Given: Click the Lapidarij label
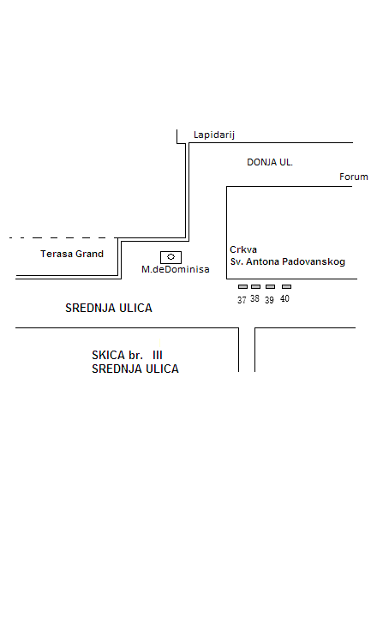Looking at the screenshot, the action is click(x=214, y=135).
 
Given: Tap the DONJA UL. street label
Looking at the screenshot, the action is click(x=270, y=162).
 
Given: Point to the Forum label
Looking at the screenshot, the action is click(x=354, y=177).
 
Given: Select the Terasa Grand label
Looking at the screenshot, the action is click(x=72, y=254).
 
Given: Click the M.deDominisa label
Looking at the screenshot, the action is click(x=176, y=269).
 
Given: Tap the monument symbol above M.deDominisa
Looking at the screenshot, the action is click(x=171, y=257).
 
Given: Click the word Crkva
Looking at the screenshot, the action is click(x=243, y=249).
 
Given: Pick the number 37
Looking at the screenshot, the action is click(x=242, y=300).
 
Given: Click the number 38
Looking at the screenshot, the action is click(x=255, y=298).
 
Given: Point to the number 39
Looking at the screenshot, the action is click(x=269, y=300).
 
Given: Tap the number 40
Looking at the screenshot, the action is click(x=284, y=298).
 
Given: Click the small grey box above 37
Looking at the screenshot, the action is click(x=242, y=287).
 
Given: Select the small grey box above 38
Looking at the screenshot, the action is click(x=255, y=287).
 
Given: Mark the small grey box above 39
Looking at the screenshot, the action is click(x=271, y=287).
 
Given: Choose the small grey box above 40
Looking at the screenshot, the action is click(x=287, y=287).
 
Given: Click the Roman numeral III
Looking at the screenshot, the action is click(x=158, y=355).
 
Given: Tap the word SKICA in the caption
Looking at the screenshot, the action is click(x=109, y=355).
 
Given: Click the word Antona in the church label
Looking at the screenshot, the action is click(x=262, y=261).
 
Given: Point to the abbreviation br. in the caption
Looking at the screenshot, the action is click(x=135, y=355).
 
